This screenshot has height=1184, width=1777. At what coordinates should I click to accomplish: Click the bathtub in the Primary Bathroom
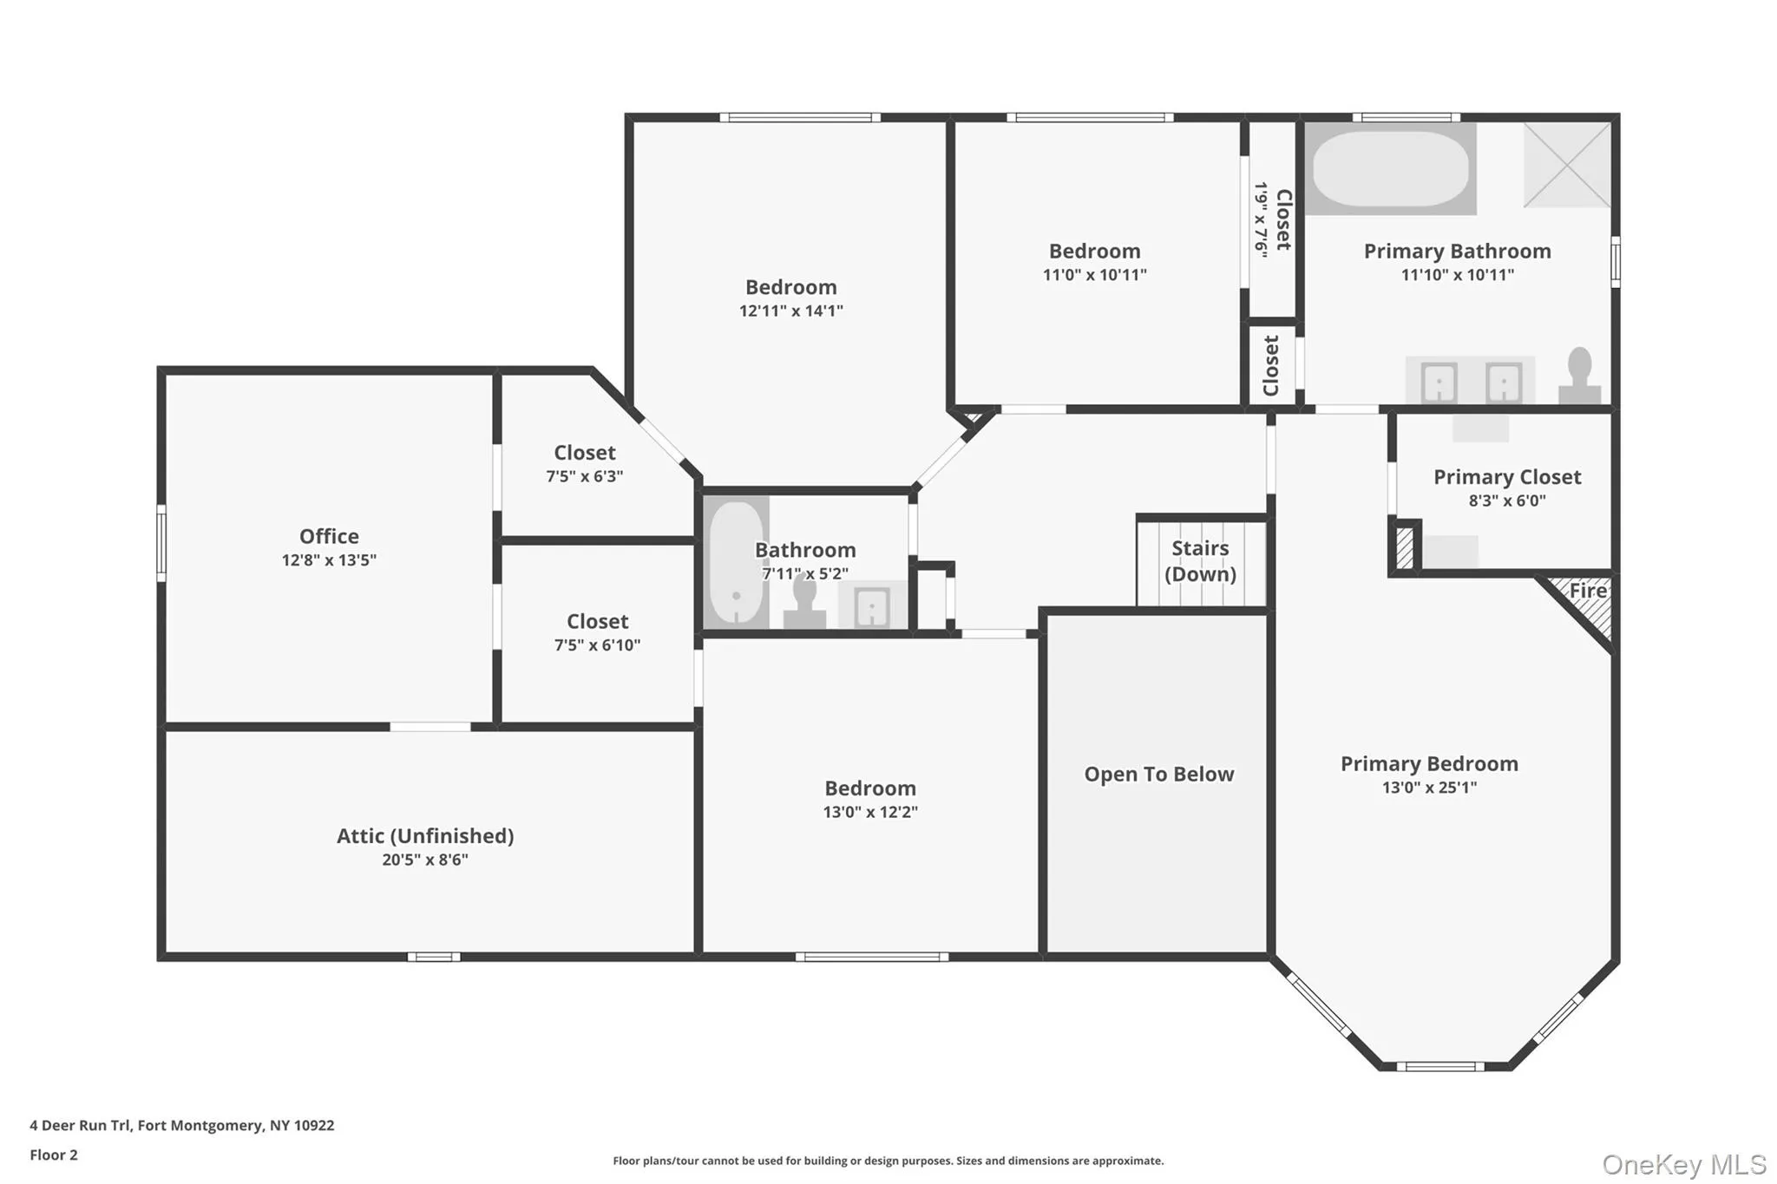click(x=1390, y=168)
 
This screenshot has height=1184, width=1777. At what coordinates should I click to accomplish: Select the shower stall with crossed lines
click(x=1567, y=165)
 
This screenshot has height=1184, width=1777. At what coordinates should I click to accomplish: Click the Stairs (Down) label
click(x=1200, y=561)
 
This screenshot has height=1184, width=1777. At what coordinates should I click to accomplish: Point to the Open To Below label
click(x=1158, y=774)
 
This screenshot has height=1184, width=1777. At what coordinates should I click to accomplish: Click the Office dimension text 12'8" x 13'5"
click(x=329, y=560)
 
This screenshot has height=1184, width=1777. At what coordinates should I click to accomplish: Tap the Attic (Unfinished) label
click(x=425, y=835)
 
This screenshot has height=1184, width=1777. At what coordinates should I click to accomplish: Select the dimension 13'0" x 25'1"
click(x=1429, y=788)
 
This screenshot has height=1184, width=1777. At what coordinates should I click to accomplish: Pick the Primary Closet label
click(x=1506, y=477)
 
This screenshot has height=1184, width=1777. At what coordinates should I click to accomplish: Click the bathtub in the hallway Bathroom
click(x=736, y=561)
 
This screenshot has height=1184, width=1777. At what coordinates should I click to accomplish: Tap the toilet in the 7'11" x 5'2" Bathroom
click(x=804, y=600)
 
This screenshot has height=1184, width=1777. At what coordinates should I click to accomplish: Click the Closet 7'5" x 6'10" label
click(x=597, y=622)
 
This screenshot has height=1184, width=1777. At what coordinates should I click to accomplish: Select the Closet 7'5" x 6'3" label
click(x=585, y=453)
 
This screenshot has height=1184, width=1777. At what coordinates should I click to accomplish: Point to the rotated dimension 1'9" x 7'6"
click(x=1261, y=219)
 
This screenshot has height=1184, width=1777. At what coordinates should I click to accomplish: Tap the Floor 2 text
click(x=54, y=1155)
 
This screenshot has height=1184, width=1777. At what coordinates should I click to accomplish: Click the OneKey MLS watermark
click(x=1683, y=1164)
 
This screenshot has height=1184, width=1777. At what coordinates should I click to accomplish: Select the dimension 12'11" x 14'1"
click(x=790, y=311)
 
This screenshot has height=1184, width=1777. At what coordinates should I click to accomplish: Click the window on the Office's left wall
click(x=161, y=543)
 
